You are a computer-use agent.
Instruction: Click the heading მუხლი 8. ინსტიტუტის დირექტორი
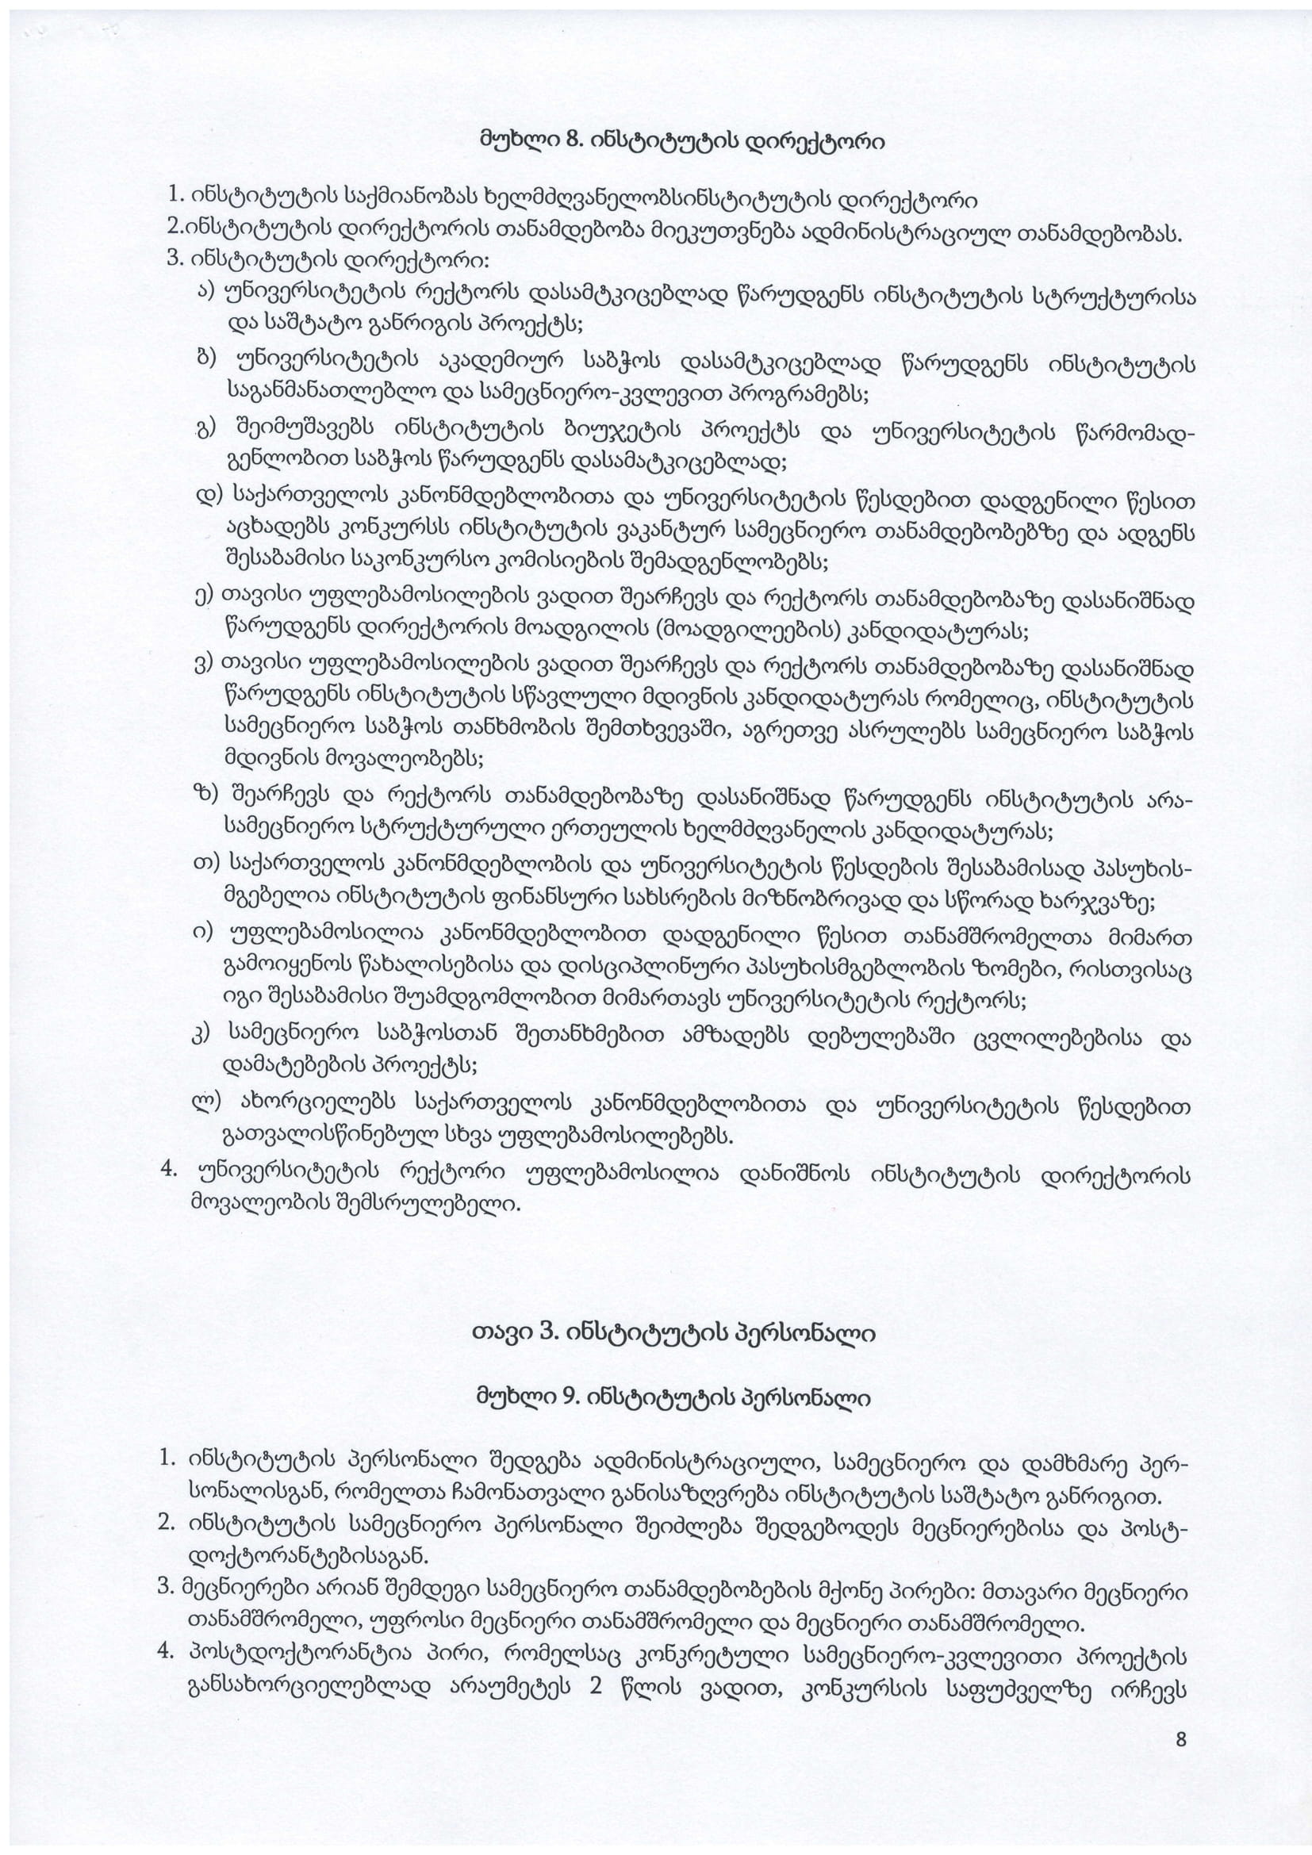click(682, 143)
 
